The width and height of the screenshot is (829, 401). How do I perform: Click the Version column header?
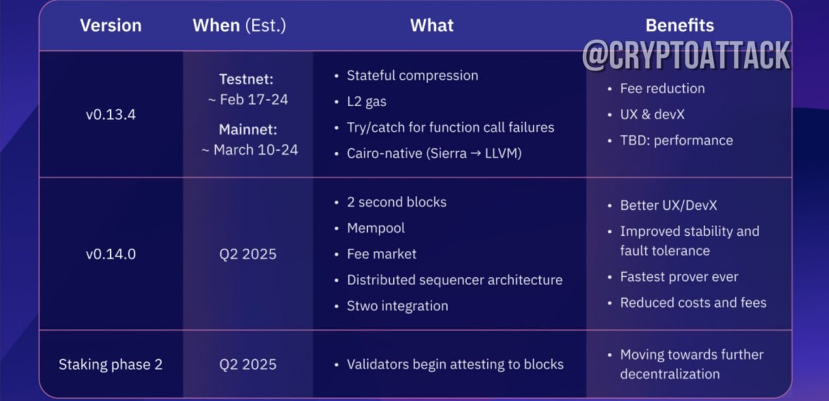click(111, 25)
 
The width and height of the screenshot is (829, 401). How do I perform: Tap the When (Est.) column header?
click(239, 25)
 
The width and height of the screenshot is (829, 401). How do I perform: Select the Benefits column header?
click(680, 25)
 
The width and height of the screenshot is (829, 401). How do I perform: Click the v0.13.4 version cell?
click(111, 115)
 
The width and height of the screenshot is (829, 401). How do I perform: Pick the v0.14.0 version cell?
click(111, 254)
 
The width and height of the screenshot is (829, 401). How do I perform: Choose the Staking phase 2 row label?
click(111, 364)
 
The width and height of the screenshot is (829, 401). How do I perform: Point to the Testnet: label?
click(246, 79)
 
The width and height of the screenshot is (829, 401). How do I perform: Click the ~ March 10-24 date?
click(250, 150)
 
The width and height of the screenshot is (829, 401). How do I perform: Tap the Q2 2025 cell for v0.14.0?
click(247, 254)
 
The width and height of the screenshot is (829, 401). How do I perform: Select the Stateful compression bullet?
click(413, 76)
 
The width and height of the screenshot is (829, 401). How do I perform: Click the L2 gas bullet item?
click(367, 102)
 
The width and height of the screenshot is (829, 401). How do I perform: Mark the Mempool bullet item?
click(376, 228)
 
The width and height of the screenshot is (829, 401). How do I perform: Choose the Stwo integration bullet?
click(398, 306)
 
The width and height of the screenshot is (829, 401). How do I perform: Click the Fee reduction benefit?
click(663, 89)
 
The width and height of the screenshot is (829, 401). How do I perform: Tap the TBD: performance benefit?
click(677, 141)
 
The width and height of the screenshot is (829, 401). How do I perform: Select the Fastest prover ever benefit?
click(679, 277)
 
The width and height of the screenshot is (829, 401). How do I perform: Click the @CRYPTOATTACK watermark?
click(686, 56)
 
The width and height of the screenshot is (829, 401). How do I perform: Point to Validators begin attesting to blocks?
click(455, 364)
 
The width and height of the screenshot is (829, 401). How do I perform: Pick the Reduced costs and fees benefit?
click(693, 303)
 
